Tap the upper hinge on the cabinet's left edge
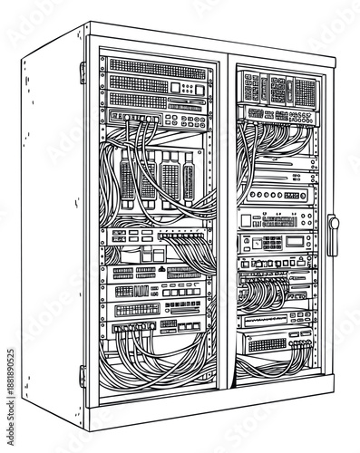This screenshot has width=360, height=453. tap(83, 72)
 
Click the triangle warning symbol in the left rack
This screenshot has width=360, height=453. tap(161, 269)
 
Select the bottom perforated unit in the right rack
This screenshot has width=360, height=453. tap(272, 344)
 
